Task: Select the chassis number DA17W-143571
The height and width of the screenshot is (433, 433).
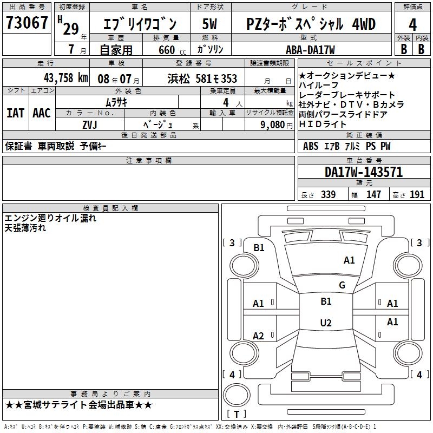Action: pyautogui.click(x=363, y=172)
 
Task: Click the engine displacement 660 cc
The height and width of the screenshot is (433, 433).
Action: pyautogui.click(x=167, y=50)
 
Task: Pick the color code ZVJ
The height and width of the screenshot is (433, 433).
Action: pyautogui.click(x=90, y=124)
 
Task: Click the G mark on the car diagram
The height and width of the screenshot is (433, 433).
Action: pyautogui.click(x=342, y=285)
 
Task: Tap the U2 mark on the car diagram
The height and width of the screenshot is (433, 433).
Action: pyautogui.click(x=325, y=323)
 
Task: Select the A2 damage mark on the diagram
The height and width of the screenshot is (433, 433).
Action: pyautogui.click(x=259, y=336)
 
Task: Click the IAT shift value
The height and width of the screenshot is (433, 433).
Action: pyautogui.click(x=16, y=113)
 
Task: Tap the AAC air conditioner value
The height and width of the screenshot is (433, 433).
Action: pyautogui.click(x=42, y=113)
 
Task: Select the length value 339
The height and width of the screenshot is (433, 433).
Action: pyautogui.click(x=328, y=195)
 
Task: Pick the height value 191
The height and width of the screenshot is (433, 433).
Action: pyautogui.click(x=417, y=195)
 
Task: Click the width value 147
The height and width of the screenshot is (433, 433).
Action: pyautogui.click(x=373, y=195)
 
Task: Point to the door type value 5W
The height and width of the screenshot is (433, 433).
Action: pyautogui.click(x=210, y=24)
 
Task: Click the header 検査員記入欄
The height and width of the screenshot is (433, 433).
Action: pyautogui.click(x=110, y=208)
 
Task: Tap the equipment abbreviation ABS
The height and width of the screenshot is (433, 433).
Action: pyautogui.click(x=311, y=146)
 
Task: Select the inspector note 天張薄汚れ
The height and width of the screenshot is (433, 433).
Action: pyautogui.click(x=25, y=228)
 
